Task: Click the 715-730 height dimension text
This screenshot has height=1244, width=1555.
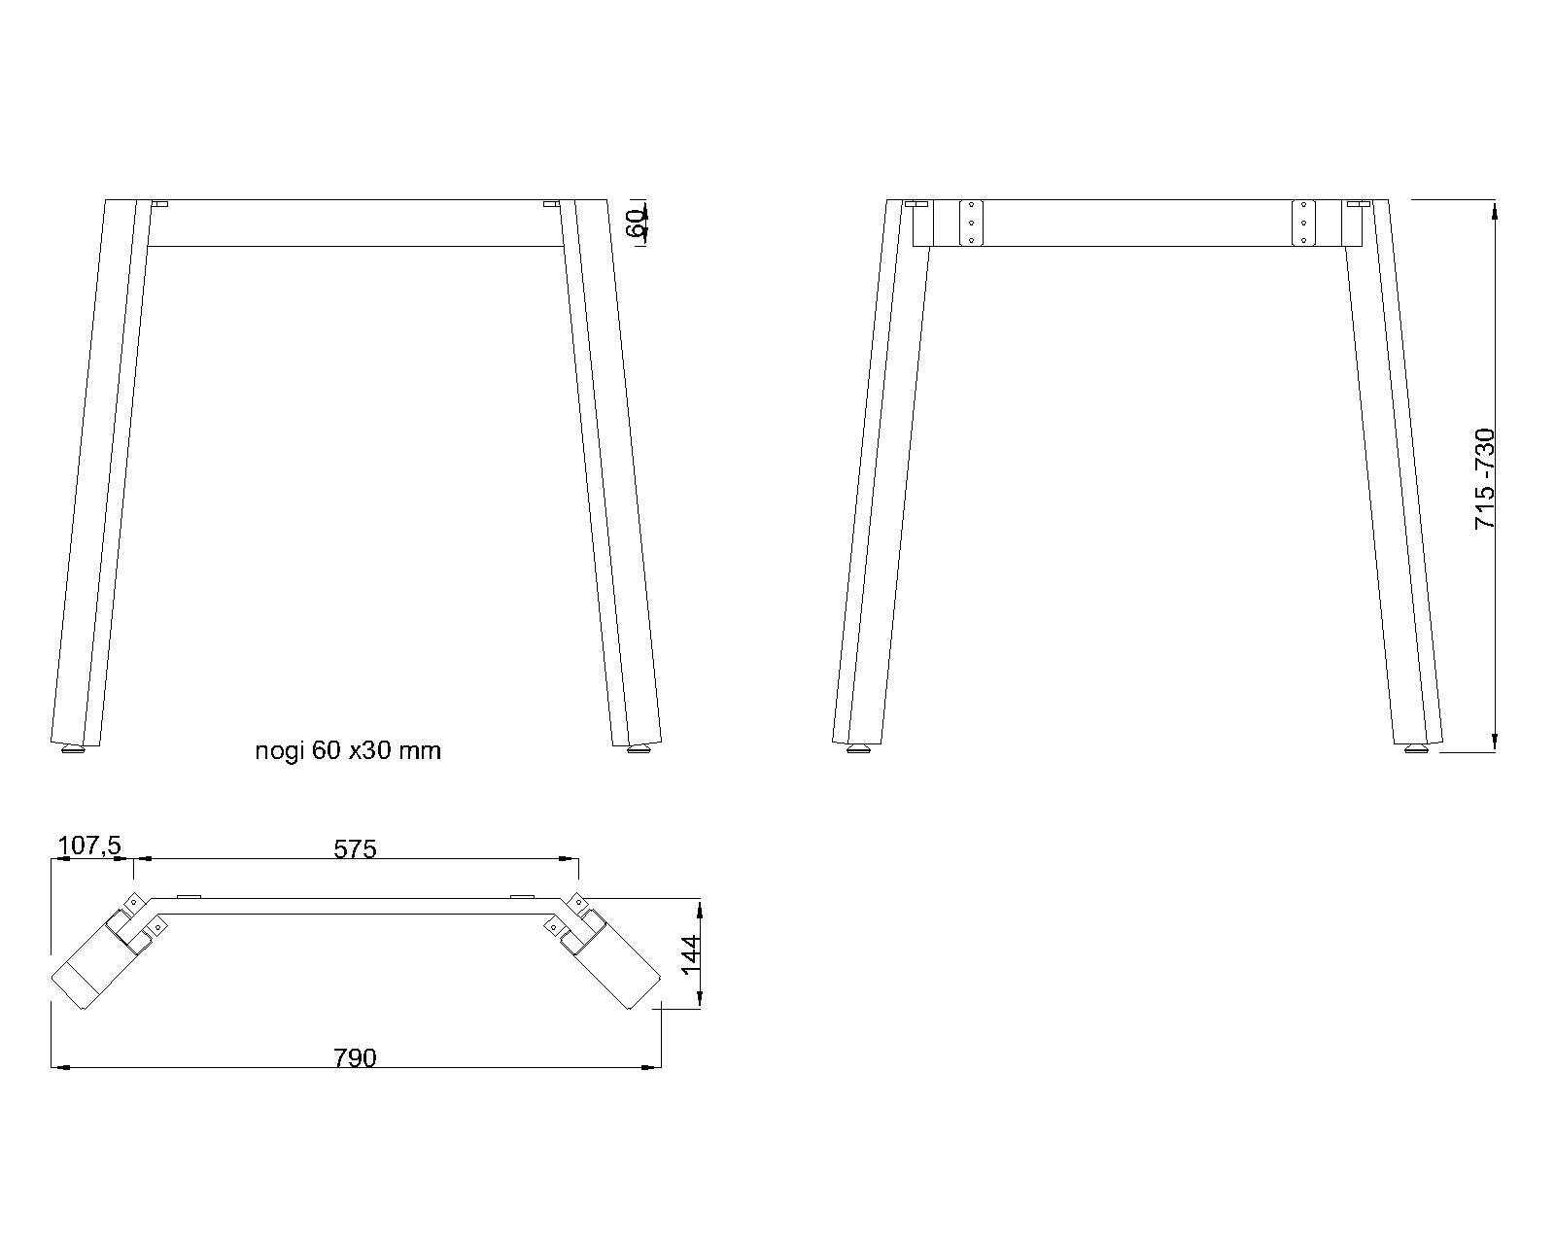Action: [1484, 478]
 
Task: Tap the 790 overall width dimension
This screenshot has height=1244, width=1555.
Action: [355, 1057]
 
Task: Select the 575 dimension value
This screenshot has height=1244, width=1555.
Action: [355, 848]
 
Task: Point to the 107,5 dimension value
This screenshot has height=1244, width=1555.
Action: [89, 847]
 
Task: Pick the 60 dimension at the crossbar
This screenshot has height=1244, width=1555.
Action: [635, 224]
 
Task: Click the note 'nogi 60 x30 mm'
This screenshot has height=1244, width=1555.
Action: [347, 750]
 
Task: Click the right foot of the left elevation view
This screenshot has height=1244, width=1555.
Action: [639, 749]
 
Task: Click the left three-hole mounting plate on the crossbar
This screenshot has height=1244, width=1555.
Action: [972, 224]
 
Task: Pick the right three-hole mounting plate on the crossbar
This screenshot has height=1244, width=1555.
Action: [1303, 224]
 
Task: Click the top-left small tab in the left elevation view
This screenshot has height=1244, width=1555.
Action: [159, 204]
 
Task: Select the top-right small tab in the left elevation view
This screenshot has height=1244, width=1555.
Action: [551, 204]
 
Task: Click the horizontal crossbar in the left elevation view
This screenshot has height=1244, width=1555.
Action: [355, 224]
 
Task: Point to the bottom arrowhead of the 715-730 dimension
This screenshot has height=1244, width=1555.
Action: [1495, 743]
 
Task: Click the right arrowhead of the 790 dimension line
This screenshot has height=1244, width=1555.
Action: [654, 1068]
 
